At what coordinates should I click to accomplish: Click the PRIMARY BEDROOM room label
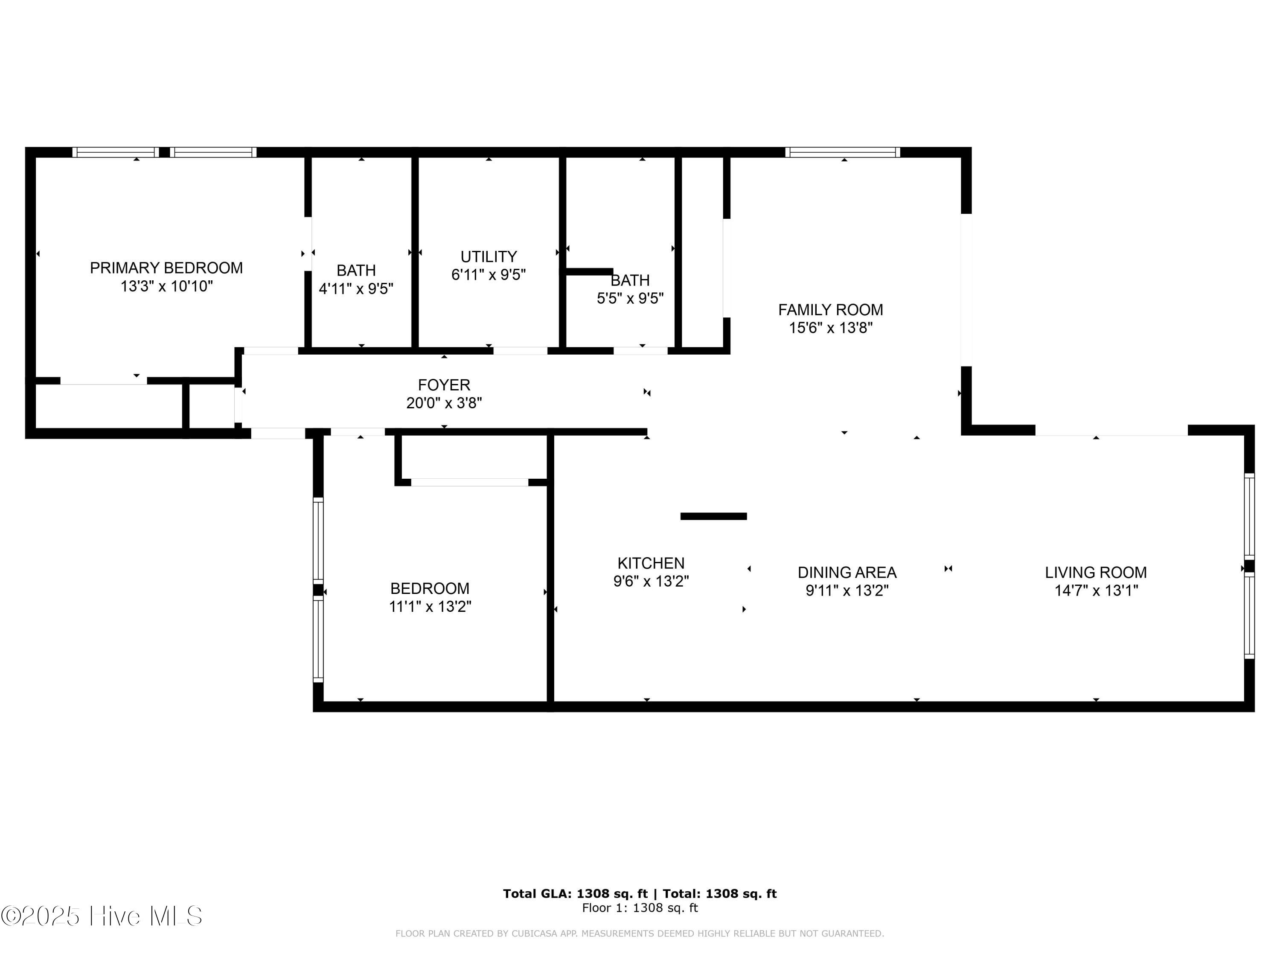pyautogui.click(x=166, y=268)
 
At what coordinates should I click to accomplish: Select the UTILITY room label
pyautogui.click(x=489, y=256)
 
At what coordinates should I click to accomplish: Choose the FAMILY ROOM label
pyautogui.click(x=830, y=310)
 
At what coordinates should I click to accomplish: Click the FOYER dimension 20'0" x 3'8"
pyautogui.click(x=444, y=403)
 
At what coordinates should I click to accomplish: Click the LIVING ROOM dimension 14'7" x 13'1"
pyautogui.click(x=1095, y=591)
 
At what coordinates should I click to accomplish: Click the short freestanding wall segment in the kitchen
pyautogui.click(x=713, y=516)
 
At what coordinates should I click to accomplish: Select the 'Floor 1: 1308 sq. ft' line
pyautogui.click(x=640, y=908)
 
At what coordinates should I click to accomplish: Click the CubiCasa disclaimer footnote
pyautogui.click(x=640, y=934)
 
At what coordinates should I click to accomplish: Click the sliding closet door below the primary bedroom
pyautogui.click(x=104, y=381)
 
